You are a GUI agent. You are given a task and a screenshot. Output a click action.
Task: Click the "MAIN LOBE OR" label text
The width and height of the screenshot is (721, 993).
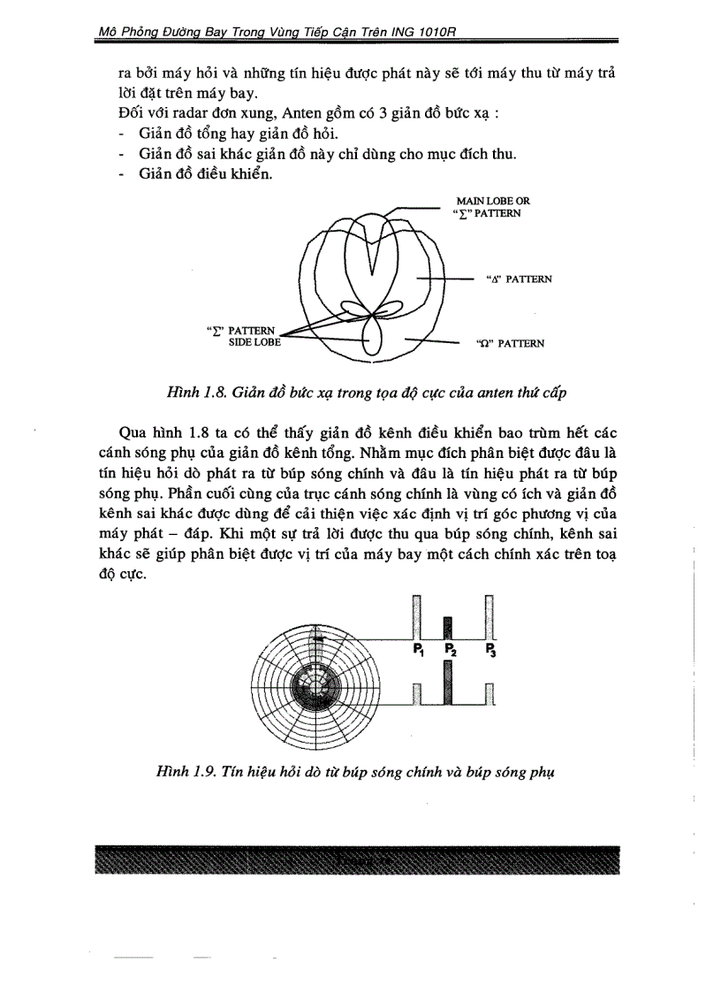point(493,202)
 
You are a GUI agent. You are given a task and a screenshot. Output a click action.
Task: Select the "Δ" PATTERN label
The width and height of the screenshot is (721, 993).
point(519,279)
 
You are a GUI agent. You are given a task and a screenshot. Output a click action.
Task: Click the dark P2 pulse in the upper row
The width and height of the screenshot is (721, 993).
point(447,628)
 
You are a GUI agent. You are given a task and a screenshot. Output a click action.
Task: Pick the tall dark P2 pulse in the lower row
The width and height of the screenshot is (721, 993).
point(449,683)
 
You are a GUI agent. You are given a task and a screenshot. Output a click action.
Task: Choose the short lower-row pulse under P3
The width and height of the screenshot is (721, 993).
point(489,695)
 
